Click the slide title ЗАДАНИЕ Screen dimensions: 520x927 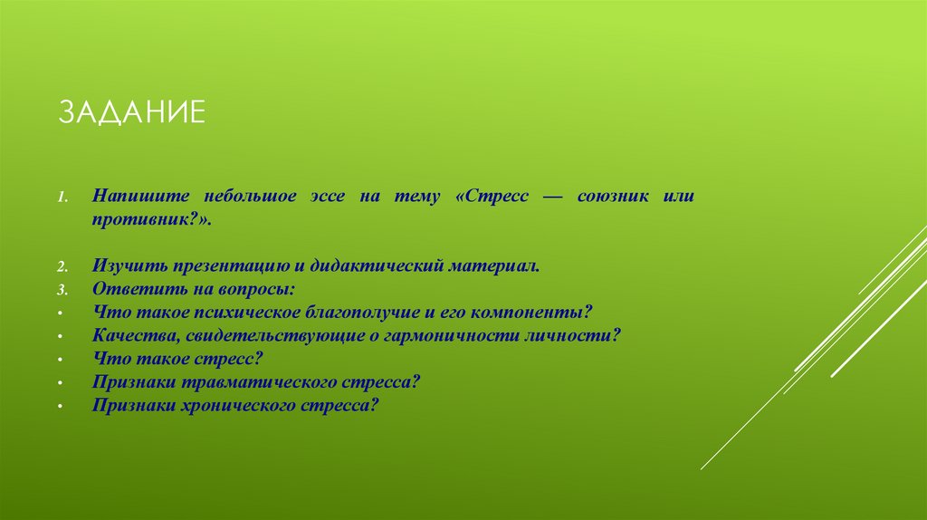pyautogui.click(x=133, y=114)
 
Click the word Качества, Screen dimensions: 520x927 pyautogui.click(x=129, y=335)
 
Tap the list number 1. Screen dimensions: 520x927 pyautogui.click(x=63, y=197)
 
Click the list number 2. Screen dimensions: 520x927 pyautogui.click(x=63, y=268)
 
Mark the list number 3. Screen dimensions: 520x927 pyautogui.click(x=63, y=291)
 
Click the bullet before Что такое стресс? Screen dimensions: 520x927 pyautogui.click(x=59, y=359)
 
